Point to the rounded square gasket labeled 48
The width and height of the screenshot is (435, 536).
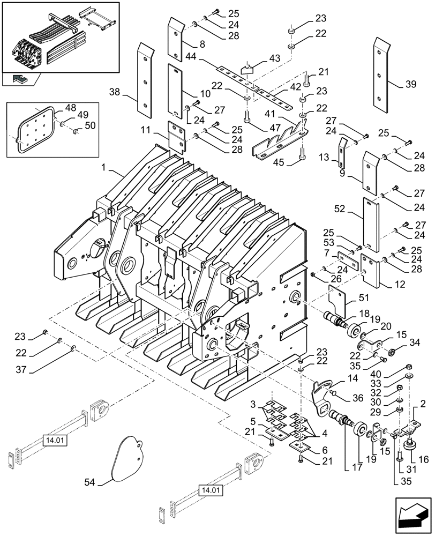point(34,130)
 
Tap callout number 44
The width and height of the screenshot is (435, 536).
point(191,56)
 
